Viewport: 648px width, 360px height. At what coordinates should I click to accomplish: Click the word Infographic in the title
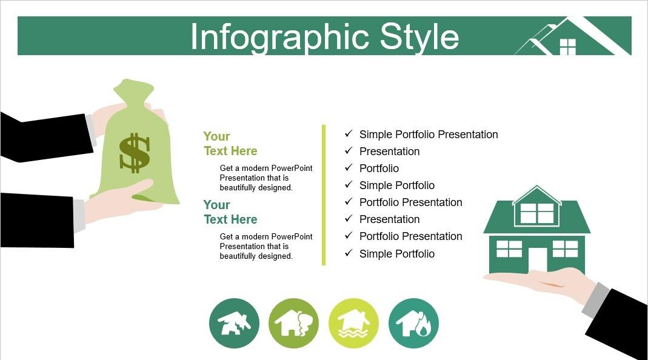279,38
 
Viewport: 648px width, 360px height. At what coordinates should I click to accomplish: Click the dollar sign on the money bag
135,153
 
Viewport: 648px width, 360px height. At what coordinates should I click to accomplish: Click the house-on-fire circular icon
413,323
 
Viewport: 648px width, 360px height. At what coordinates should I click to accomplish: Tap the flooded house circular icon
354,323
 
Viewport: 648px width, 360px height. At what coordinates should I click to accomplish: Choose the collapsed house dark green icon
235,323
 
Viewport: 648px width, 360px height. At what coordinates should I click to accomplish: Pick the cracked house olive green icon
294,323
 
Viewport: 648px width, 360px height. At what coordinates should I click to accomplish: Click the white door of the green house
537,260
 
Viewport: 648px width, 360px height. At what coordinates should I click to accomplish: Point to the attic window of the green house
537,213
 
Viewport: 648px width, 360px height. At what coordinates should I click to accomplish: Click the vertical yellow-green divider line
324,195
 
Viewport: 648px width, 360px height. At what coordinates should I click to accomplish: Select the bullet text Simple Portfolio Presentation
429,135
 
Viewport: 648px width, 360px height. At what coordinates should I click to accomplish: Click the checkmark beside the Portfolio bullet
349,167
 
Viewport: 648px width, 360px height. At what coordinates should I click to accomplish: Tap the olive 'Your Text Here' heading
230,144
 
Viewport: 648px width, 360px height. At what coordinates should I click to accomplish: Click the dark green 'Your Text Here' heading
230,212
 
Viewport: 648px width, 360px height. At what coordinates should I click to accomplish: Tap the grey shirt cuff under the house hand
595,299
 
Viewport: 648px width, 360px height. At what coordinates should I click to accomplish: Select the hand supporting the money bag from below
120,200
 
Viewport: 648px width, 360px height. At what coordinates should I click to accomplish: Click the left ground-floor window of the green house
509,249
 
